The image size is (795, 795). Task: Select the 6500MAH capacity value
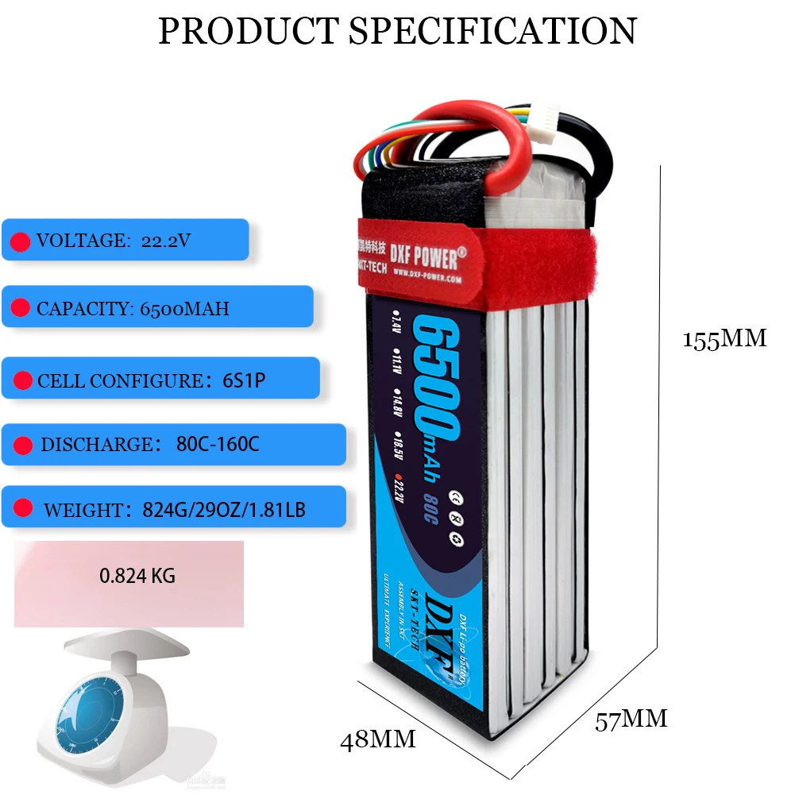point(184,307)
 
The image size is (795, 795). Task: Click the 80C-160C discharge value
point(218,444)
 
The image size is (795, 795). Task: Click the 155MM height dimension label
point(724,338)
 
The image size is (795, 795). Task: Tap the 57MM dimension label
point(631,720)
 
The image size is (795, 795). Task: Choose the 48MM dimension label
point(378,740)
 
